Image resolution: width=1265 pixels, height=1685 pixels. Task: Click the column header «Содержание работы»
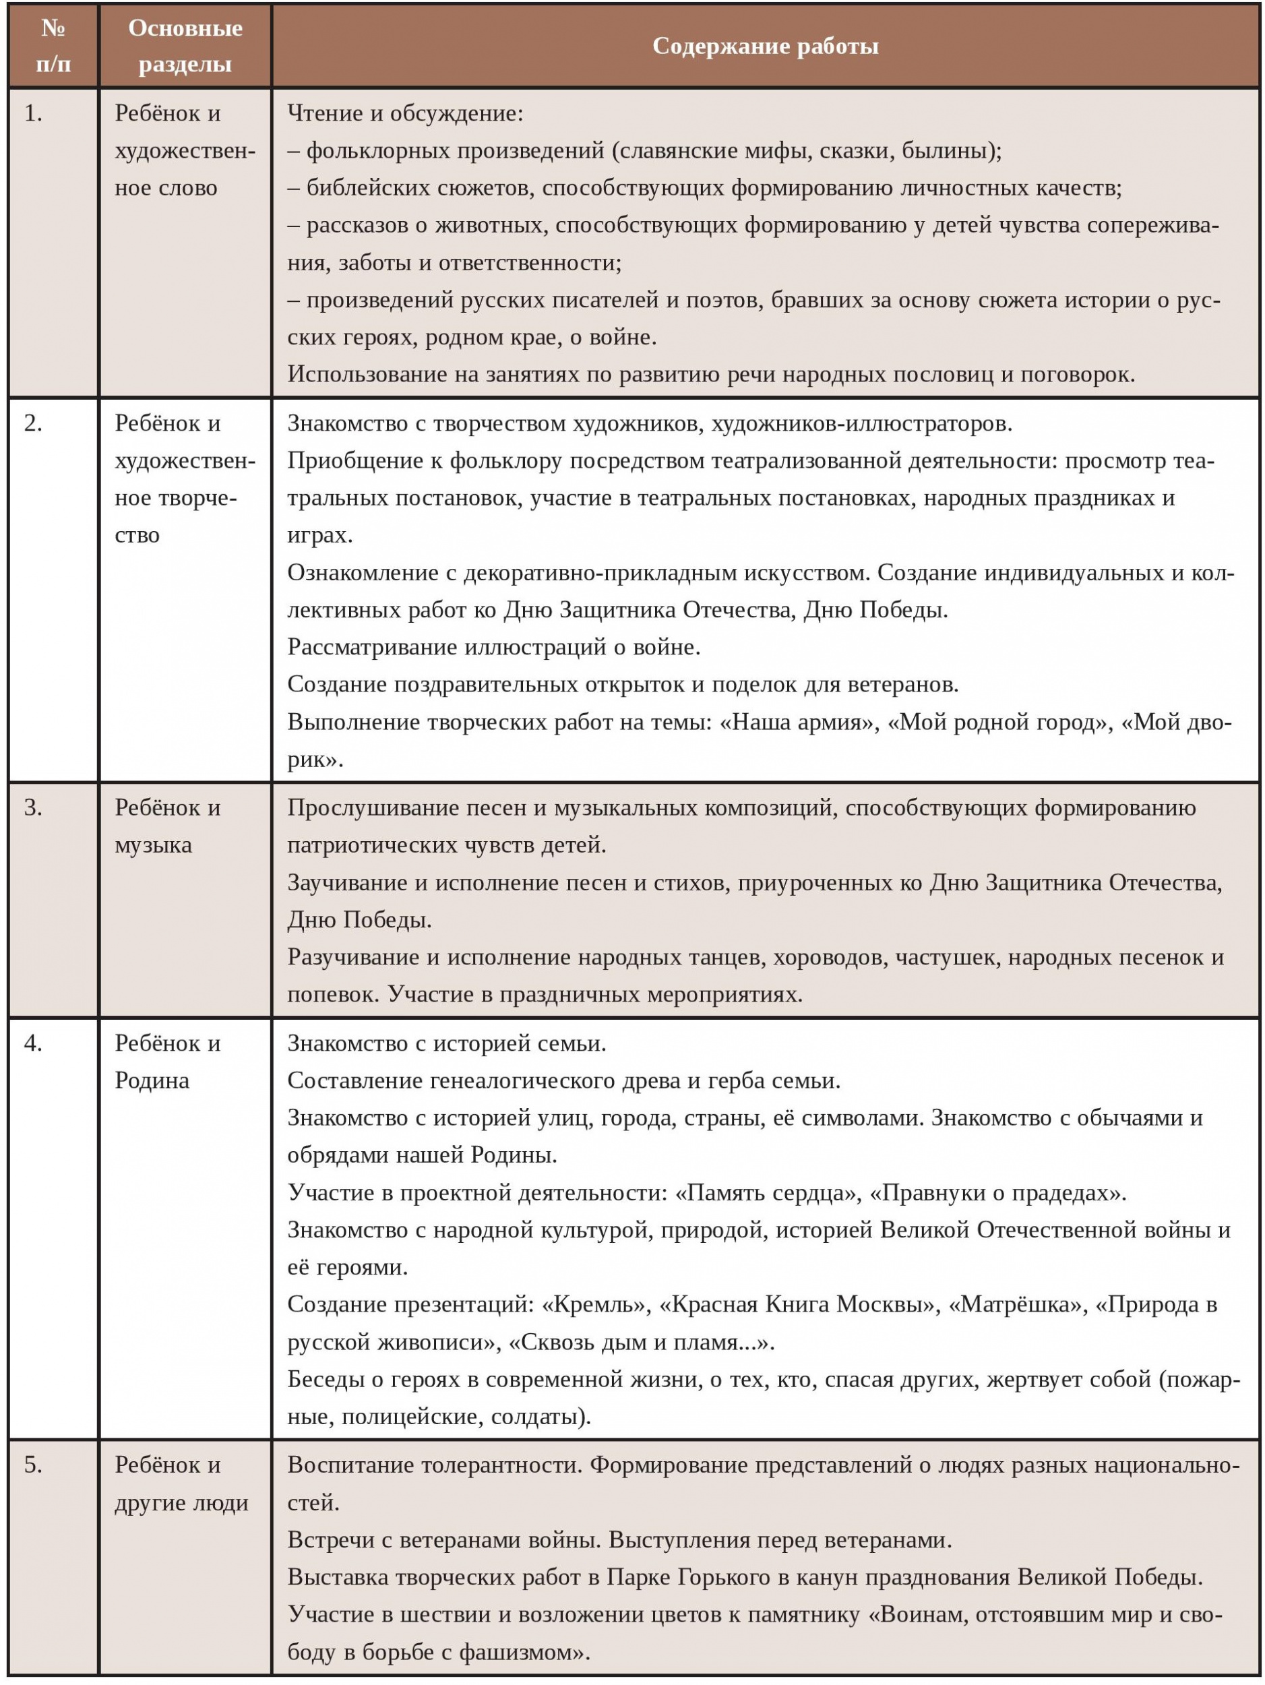765,47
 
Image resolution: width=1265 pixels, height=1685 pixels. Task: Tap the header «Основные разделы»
185,46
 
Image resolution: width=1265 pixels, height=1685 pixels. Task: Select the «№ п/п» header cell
53,46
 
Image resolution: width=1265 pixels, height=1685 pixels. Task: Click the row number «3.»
34,808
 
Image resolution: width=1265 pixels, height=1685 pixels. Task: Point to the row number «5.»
34,1465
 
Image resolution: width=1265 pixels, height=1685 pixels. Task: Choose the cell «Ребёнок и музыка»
168,826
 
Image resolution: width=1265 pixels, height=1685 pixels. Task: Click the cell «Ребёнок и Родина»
168,1062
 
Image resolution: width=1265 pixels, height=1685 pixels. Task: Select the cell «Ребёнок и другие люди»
181,1484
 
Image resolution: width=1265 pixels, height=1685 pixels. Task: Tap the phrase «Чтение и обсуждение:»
405,113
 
